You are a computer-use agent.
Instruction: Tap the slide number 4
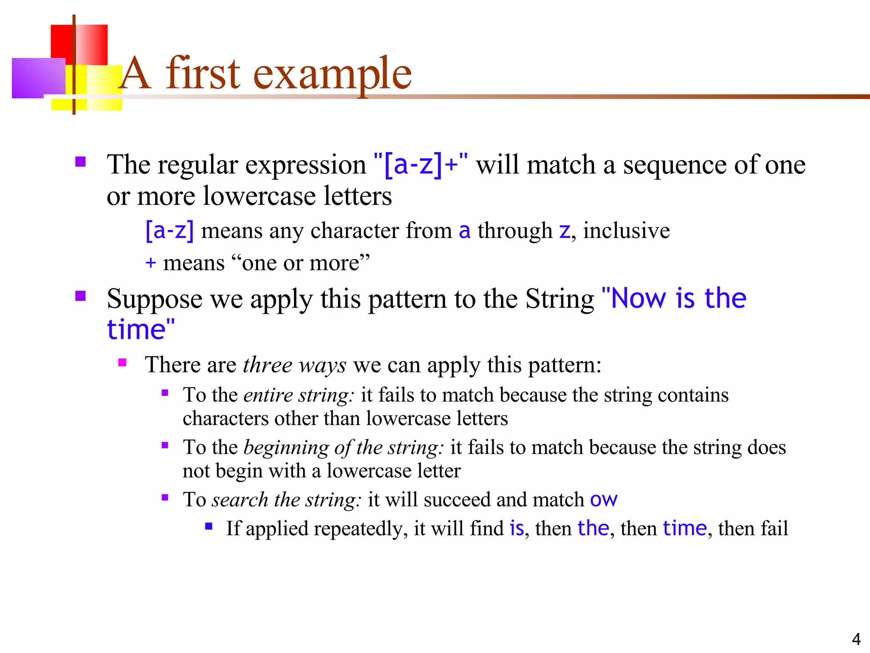[856, 639]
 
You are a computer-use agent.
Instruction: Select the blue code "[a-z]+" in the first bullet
[421, 165]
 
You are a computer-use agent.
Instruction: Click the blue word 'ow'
[604, 500]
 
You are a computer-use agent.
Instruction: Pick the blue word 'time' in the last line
[685, 528]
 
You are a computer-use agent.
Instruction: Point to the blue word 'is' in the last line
[517, 528]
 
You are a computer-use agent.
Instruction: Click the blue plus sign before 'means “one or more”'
[150, 263]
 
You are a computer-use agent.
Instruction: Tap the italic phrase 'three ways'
[294, 365]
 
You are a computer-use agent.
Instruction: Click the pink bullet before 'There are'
[123, 363]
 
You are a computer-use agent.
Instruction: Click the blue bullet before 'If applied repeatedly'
[209, 526]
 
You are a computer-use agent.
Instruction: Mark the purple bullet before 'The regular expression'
[80, 162]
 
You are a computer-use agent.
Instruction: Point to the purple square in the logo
[37, 78]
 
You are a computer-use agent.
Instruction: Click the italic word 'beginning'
[286, 448]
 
